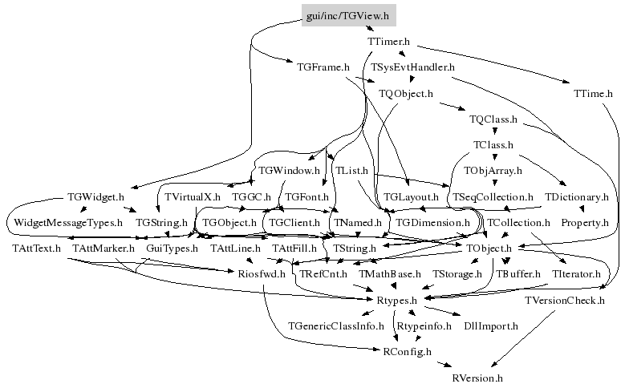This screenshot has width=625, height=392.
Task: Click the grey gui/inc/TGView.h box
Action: (x=347, y=16)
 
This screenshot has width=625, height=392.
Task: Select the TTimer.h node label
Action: (x=388, y=41)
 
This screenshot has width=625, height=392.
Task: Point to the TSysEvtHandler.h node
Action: (x=412, y=67)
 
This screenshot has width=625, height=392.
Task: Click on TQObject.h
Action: (x=405, y=94)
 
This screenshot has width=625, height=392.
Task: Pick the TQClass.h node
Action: (x=493, y=119)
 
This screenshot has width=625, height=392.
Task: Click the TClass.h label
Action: (x=493, y=145)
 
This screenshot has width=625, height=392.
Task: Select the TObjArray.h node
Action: (x=492, y=171)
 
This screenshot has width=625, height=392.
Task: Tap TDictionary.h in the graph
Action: (x=576, y=196)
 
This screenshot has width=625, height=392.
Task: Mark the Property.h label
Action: (x=584, y=222)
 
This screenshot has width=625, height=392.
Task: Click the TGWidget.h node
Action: (x=96, y=196)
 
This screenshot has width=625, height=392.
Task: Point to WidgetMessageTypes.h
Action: (x=64, y=222)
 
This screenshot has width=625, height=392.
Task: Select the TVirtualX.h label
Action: (x=192, y=196)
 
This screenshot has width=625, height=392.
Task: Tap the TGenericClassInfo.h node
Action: (x=335, y=325)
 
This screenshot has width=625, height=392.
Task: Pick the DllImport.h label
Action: (x=491, y=325)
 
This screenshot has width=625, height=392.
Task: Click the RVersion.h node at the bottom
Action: (x=477, y=377)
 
